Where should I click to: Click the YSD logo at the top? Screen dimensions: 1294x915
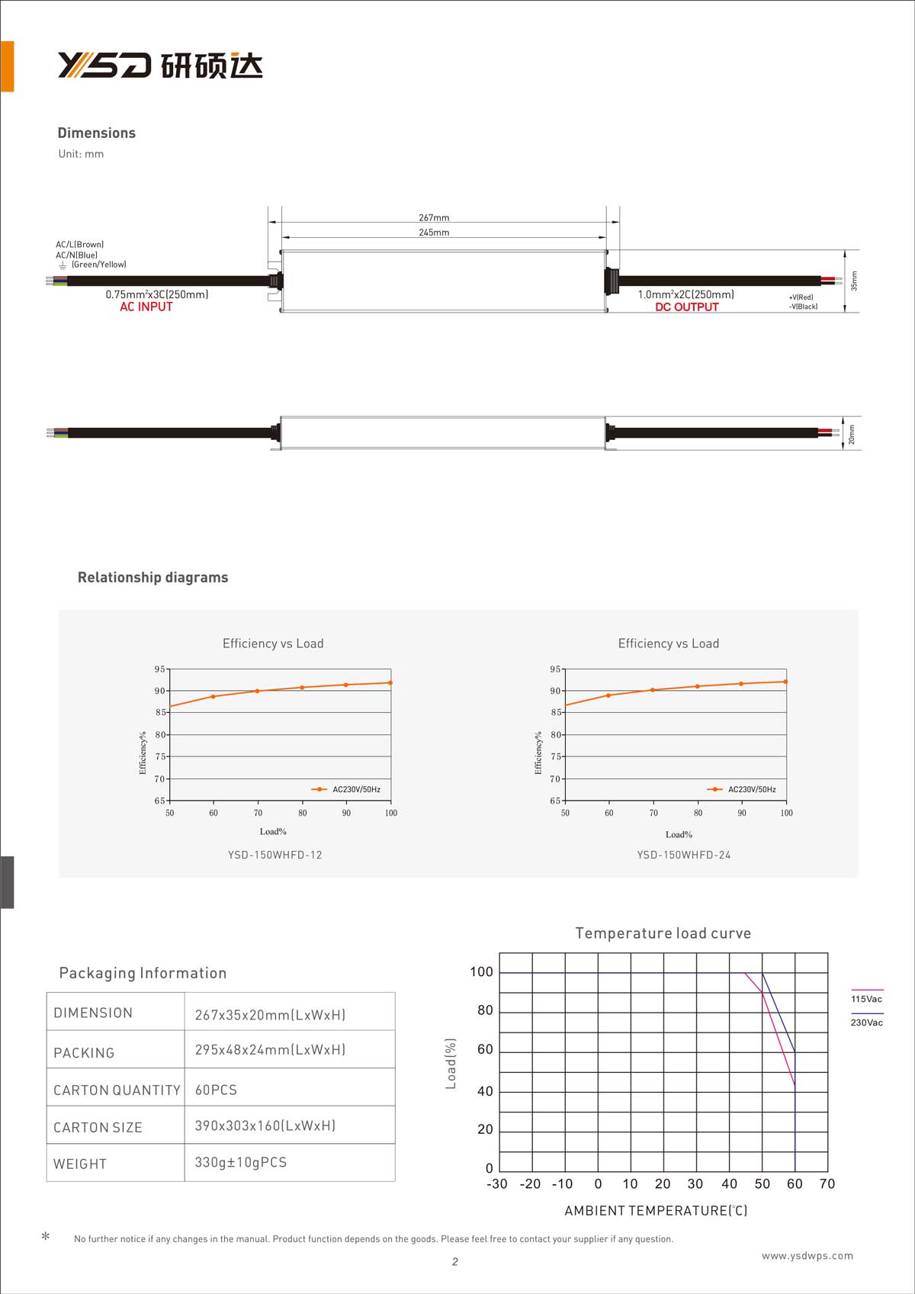tap(160, 66)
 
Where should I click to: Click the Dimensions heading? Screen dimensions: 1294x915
tap(97, 133)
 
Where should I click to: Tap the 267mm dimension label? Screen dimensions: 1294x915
tap(434, 217)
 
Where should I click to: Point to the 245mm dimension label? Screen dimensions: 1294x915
tap(434, 232)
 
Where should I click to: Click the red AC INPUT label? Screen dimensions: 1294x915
tap(146, 307)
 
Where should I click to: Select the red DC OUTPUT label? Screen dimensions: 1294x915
tap(686, 307)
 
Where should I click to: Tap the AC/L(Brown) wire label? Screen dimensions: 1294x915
tap(79, 245)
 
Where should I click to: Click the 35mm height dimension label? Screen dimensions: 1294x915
tap(854, 281)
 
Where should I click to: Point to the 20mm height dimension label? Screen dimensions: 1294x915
tap(852, 434)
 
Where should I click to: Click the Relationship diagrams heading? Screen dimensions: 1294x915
tap(152, 577)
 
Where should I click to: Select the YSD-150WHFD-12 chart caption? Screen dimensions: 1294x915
tap(274, 855)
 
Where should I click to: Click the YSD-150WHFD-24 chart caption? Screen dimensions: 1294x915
tap(683, 855)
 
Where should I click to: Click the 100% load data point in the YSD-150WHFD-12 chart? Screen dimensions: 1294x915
tap(390, 682)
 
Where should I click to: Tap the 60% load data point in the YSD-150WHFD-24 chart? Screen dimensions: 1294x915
tap(608, 695)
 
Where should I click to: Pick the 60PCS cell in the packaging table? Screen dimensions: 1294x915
tap(216, 1090)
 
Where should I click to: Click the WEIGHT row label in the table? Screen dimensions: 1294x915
tap(80, 1164)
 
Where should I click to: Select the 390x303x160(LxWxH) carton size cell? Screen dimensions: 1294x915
tap(265, 1125)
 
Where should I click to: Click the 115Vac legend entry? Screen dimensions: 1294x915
tap(867, 998)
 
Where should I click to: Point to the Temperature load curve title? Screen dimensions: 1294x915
tap(663, 933)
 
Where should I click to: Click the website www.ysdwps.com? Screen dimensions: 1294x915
tap(807, 1255)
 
